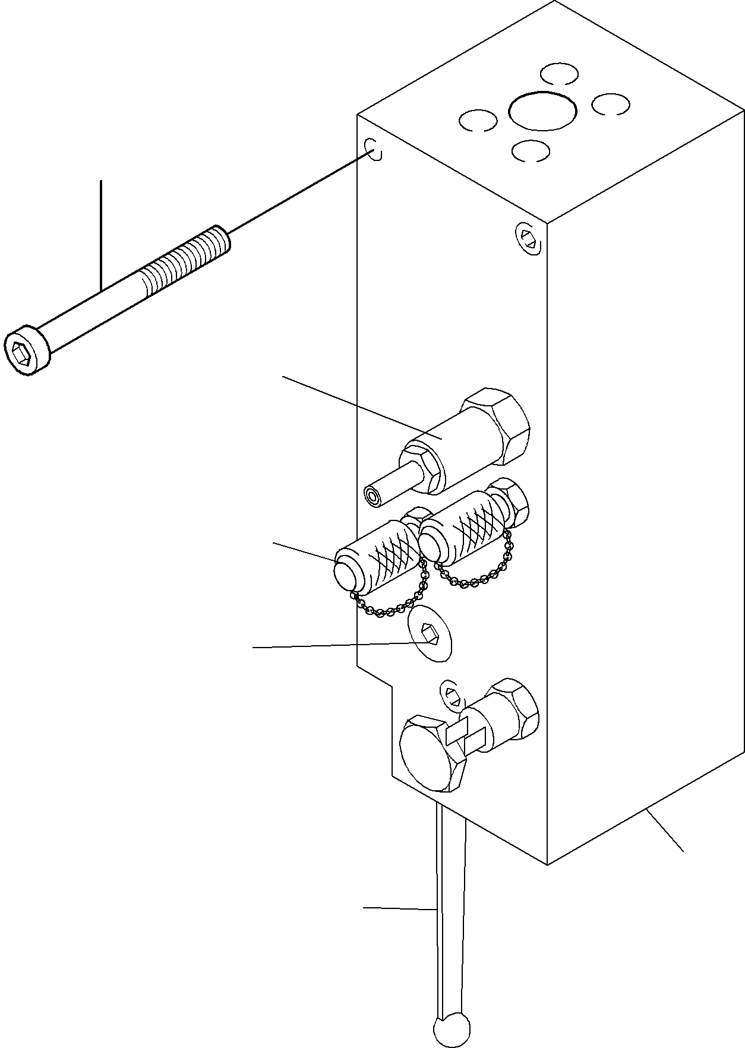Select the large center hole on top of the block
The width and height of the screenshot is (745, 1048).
542,111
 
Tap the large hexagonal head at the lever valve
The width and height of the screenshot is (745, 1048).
431,753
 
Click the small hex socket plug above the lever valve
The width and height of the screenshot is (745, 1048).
451,694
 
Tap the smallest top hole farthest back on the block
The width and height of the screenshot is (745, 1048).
559,74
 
